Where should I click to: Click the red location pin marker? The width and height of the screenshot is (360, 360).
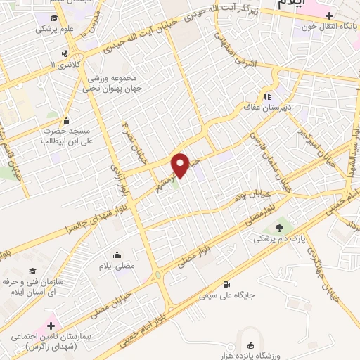[x=181, y=165]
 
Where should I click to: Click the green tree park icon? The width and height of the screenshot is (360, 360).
[x=281, y=226]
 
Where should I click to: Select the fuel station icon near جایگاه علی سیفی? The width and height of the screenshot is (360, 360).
[x=225, y=285]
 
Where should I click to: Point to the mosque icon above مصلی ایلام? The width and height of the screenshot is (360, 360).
[x=116, y=254]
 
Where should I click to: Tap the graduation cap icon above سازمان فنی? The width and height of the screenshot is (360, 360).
[x=32, y=269]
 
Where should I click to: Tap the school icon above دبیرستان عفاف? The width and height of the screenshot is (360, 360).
[x=267, y=96]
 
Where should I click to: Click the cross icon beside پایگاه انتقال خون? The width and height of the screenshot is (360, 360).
[x=329, y=15]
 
